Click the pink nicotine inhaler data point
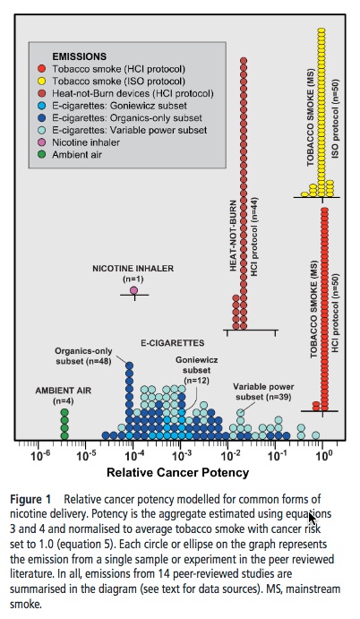133,290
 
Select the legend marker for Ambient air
42,154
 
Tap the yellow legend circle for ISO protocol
42,82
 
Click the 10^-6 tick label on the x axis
39,456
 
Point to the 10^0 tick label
323,456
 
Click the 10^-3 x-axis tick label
181,456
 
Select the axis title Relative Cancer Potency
178,473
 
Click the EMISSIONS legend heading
80,56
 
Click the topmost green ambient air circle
64,413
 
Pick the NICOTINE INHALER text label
133,269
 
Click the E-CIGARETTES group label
173,343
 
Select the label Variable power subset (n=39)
263,391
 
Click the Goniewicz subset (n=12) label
197,370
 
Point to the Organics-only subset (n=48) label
83,356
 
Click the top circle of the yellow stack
321,31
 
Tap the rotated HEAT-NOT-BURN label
234,236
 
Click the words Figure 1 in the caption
30,499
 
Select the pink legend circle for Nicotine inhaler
42,142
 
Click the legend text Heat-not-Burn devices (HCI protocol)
133,93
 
